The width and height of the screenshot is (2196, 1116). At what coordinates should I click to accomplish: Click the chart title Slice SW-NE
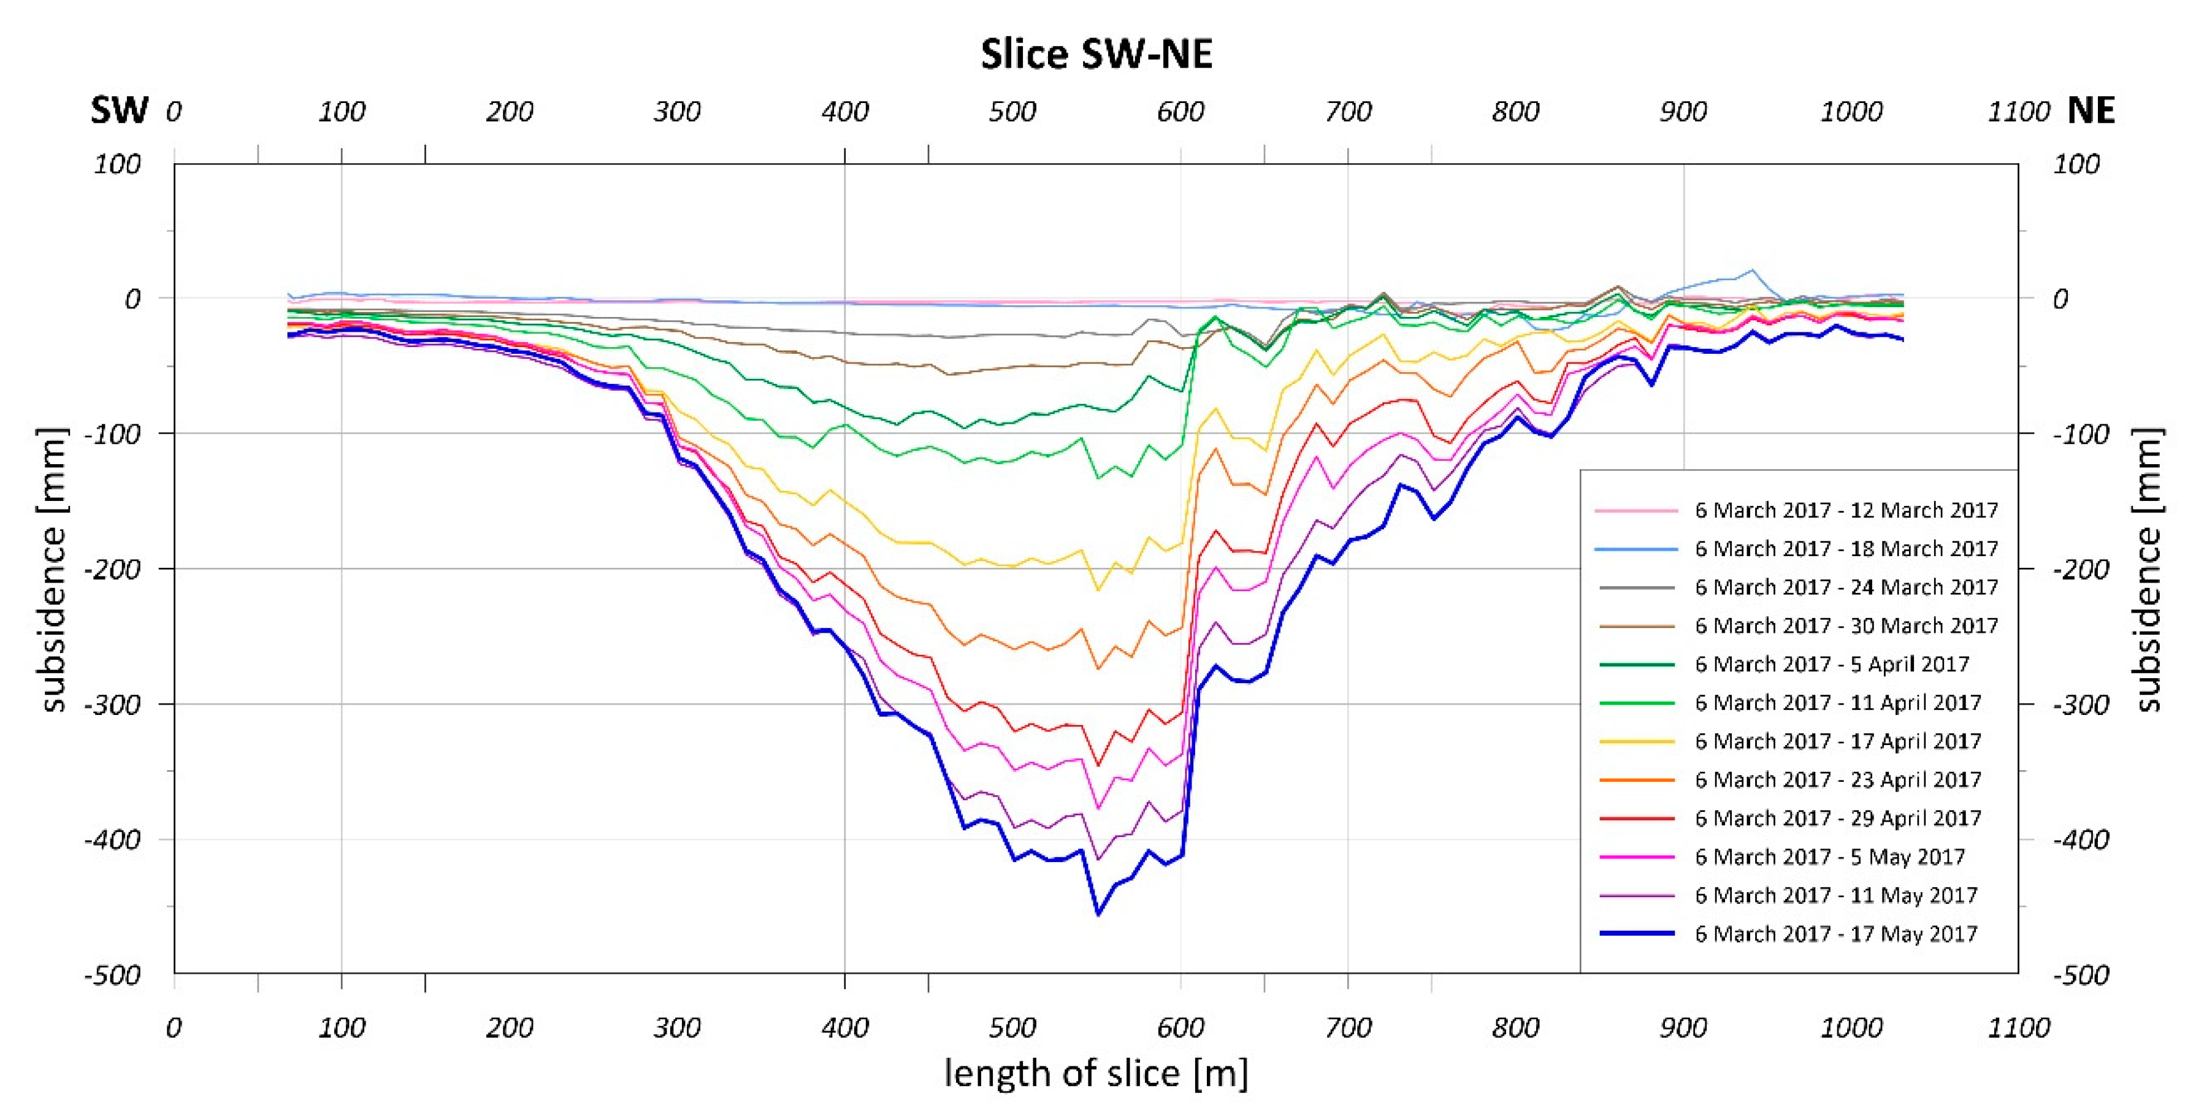[1096, 55]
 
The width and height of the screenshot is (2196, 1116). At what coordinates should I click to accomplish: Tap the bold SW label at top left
[120, 111]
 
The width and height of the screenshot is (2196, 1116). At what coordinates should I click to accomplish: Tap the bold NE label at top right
[2091, 111]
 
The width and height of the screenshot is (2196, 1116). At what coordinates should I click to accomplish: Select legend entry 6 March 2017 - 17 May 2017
[1835, 933]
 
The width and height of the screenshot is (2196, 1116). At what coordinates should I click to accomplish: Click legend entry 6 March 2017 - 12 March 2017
[1846, 510]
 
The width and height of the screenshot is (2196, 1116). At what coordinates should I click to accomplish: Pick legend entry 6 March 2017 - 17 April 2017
[1837, 741]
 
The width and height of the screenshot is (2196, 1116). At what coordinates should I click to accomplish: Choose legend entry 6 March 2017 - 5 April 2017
[1831, 664]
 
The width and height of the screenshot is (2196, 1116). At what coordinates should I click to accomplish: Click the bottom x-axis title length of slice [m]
[1096, 1072]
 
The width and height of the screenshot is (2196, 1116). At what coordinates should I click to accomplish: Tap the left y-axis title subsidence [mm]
[53, 570]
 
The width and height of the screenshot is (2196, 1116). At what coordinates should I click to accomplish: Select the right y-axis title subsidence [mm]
[2148, 570]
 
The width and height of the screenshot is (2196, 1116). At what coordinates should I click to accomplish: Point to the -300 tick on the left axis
[112, 704]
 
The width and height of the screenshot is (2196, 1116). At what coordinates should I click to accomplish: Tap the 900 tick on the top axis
[1683, 112]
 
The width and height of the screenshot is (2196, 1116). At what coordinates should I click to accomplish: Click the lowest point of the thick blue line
[1097, 915]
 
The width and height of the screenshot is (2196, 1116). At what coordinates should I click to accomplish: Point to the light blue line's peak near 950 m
[1753, 270]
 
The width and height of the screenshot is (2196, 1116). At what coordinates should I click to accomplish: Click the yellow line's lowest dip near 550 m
[1097, 590]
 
